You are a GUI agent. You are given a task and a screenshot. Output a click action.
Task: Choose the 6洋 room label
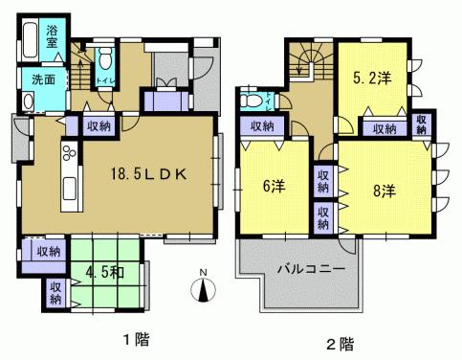(272, 188)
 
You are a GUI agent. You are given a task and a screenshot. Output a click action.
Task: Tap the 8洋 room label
(384, 191)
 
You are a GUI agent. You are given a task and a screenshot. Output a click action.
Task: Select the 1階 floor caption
(134, 340)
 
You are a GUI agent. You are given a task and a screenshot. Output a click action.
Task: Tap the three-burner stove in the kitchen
(69, 153)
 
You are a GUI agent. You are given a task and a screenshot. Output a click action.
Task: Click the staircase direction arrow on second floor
(305, 66)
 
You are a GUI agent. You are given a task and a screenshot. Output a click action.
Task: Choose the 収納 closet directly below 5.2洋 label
(385, 126)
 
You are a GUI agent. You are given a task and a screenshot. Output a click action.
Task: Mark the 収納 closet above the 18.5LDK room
(99, 125)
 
